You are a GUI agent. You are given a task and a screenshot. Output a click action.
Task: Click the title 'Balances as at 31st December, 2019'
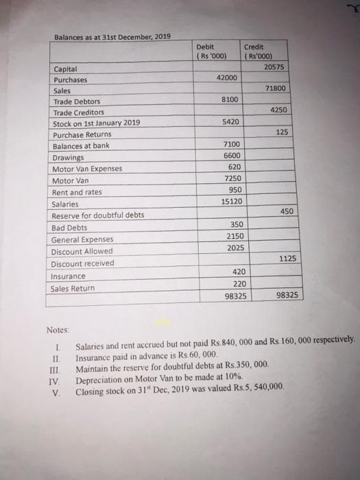tap(113, 36)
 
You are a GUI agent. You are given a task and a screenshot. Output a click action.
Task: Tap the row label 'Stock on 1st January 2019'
tap(97, 123)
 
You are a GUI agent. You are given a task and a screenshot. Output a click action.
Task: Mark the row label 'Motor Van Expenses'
tap(87, 169)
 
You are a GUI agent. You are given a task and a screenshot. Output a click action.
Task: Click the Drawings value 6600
tap(233, 156)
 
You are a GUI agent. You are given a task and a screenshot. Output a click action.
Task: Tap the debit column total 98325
tap(236, 296)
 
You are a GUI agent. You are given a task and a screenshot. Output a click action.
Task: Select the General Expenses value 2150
tap(234, 236)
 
